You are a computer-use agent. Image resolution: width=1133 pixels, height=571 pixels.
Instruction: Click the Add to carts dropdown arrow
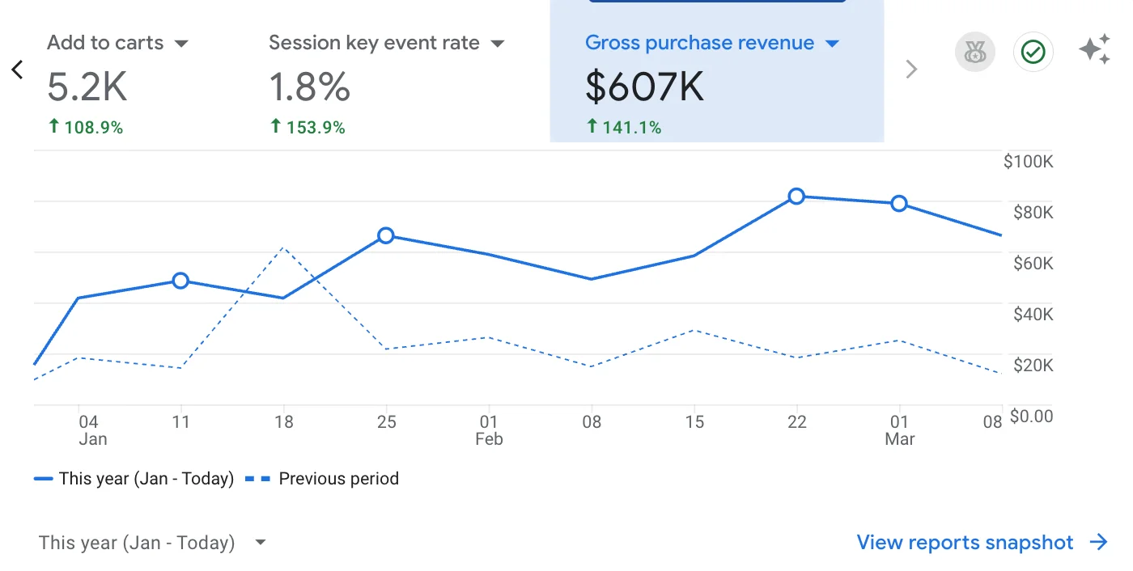[x=181, y=44]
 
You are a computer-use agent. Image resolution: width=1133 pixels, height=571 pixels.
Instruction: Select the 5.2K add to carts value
[x=87, y=87]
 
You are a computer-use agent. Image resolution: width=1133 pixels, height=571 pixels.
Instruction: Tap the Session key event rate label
[x=374, y=43]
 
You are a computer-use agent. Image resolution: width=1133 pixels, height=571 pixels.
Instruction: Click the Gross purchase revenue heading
[x=699, y=43]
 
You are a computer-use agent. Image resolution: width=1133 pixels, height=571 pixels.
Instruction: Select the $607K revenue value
[x=644, y=87]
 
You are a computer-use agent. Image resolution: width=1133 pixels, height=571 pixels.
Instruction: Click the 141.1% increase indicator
[x=624, y=127]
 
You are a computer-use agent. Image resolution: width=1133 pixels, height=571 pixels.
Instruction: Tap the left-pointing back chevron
[x=17, y=70]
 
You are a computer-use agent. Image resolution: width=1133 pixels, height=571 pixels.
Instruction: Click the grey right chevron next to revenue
[x=911, y=70]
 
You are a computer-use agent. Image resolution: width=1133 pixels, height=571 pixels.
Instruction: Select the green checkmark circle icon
[x=1033, y=53]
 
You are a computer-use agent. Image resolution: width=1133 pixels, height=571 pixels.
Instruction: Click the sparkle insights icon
[x=1094, y=51]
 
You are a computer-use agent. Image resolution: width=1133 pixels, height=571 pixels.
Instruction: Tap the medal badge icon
[x=974, y=53]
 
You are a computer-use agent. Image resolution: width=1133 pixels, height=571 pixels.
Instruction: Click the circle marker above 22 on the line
[x=796, y=196]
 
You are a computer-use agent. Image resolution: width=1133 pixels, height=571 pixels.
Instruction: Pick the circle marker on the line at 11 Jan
[x=180, y=281]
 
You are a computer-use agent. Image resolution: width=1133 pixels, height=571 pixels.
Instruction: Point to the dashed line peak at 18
[x=282, y=247]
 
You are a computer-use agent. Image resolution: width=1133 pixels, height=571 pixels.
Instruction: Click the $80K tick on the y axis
[x=1033, y=213]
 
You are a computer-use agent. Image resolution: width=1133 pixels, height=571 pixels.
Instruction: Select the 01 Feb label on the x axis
[x=489, y=430]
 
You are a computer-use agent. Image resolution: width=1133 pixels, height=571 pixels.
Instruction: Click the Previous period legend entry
[x=337, y=479]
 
